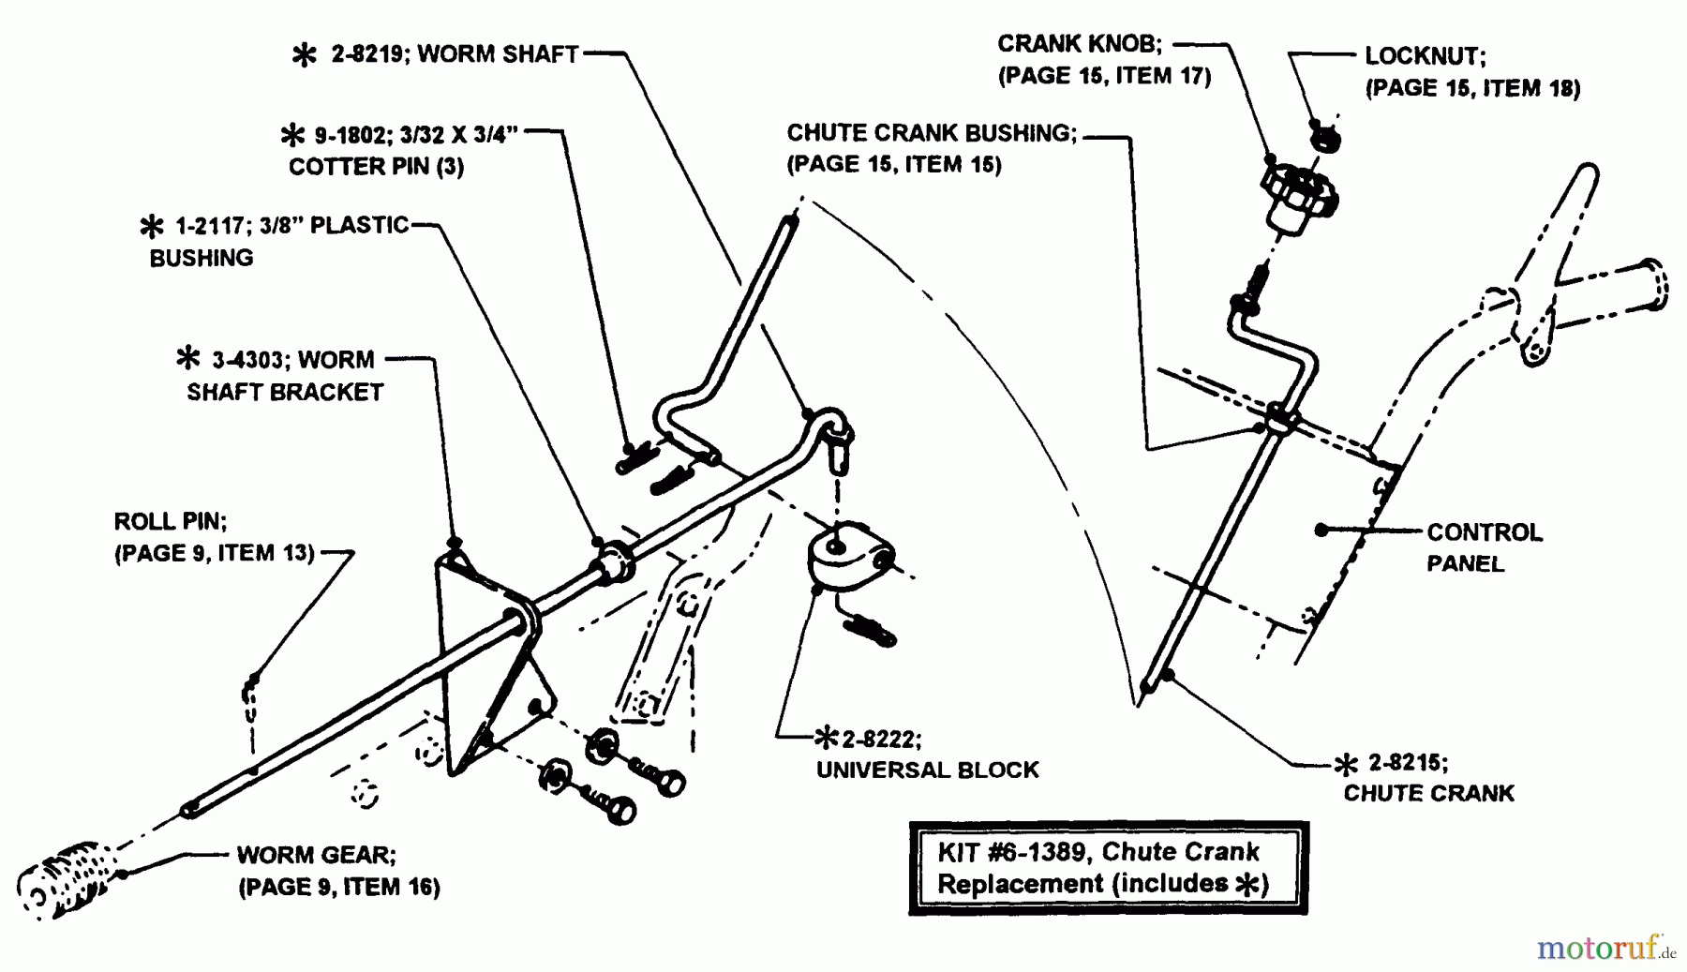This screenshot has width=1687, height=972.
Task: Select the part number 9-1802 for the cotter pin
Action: [x=349, y=136]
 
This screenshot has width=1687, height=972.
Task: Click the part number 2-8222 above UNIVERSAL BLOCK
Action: [x=880, y=740]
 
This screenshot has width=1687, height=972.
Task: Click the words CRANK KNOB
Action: [x=1079, y=44]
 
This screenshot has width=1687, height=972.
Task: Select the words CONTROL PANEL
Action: [x=1483, y=547]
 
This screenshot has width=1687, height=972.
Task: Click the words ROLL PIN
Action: [x=170, y=521]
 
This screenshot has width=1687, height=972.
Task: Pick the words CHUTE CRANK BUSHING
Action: [x=932, y=133]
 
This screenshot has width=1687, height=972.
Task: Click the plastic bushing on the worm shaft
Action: [x=610, y=561]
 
